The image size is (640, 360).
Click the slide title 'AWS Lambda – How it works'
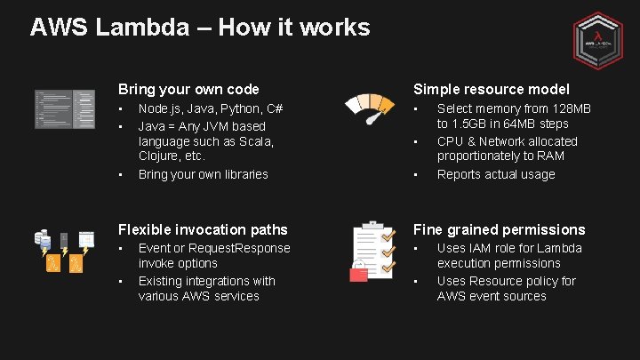(x=199, y=28)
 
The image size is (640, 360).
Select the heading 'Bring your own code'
(x=189, y=89)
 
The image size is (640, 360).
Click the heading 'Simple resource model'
(x=492, y=89)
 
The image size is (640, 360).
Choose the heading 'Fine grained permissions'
(x=500, y=229)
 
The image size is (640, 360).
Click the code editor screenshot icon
(x=64, y=109)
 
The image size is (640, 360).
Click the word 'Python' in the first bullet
(x=231, y=108)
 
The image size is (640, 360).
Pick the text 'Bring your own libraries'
(x=203, y=174)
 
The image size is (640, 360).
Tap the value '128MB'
(x=572, y=108)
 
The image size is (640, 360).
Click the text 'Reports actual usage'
(x=496, y=174)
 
